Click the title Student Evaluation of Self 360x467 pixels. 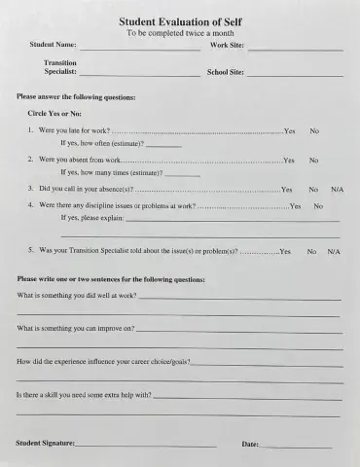[x=181, y=21]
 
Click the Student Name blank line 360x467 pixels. [x=140, y=48]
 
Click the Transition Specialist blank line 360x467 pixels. [x=140, y=74]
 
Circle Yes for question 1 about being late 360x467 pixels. [x=289, y=130]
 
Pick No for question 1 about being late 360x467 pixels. [x=314, y=130]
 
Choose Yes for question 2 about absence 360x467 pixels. [x=289, y=160]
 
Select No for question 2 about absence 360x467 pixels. [x=314, y=160]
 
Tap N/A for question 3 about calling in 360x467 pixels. [x=337, y=189]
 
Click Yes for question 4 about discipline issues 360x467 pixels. [x=295, y=206]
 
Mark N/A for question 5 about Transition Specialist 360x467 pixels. [x=334, y=251]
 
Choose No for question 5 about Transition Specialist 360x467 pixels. [x=311, y=251]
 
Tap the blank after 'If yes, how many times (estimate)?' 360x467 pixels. [x=183, y=174]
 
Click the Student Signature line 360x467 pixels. [x=146, y=446]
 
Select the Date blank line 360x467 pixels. [x=296, y=446]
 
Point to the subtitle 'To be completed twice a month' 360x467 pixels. [x=181, y=33]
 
